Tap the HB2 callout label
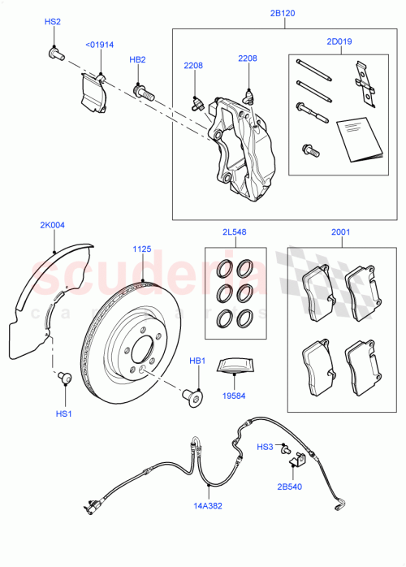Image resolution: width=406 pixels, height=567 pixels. coord(137,60)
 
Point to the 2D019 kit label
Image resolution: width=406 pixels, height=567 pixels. coord(339,41)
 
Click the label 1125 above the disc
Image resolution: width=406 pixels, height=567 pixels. coord(142,249)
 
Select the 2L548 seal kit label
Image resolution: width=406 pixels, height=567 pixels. coord(235,232)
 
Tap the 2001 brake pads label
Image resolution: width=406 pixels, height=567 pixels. coord(341,232)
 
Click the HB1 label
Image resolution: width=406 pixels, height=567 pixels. coord(197,360)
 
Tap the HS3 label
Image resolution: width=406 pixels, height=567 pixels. coord(265,447)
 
